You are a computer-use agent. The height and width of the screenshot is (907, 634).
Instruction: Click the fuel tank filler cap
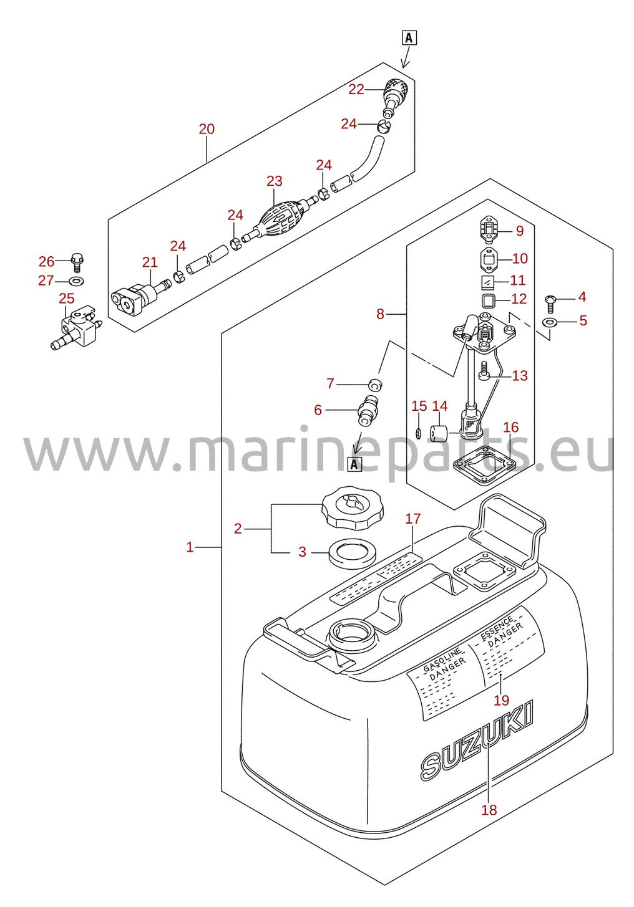coord(353,507)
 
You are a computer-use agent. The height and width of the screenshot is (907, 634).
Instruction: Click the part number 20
coord(207,129)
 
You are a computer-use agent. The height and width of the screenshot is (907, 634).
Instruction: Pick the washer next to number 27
coord(77,280)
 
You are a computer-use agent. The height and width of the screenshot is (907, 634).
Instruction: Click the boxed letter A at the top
coord(409,38)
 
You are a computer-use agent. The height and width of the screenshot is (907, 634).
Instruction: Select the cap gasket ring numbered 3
coord(353,554)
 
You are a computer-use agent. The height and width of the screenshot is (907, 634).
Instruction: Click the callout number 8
coord(380,314)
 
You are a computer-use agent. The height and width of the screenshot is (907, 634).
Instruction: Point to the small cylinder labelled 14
coord(438,433)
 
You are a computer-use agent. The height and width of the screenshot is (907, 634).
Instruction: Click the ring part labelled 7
coord(375,385)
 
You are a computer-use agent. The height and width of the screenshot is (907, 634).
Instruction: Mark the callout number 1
coord(189,547)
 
